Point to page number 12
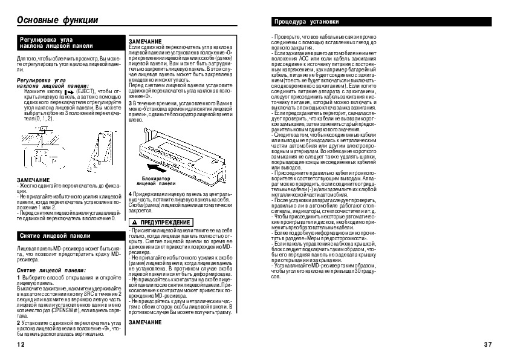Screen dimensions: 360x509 pos(21,345)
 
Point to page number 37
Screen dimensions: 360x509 pos(488,345)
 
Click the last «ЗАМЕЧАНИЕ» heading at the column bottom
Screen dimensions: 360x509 pos(145,322)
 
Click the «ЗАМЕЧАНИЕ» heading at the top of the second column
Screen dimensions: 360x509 pos(145,41)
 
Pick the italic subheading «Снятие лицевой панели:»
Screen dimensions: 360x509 pos(47,270)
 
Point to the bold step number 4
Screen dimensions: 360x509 pos(130,193)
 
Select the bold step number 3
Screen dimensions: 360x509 pos(130,104)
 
